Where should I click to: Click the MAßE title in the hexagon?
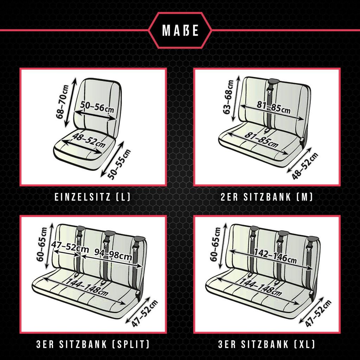180,30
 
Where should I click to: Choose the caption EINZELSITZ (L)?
92,197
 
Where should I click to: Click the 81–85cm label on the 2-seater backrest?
274,107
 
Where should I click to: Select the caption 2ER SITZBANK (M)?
267,197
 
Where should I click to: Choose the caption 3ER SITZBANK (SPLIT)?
93,345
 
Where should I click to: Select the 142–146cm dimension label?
275,256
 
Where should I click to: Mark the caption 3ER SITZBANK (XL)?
267,345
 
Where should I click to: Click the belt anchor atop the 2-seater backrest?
273,81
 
